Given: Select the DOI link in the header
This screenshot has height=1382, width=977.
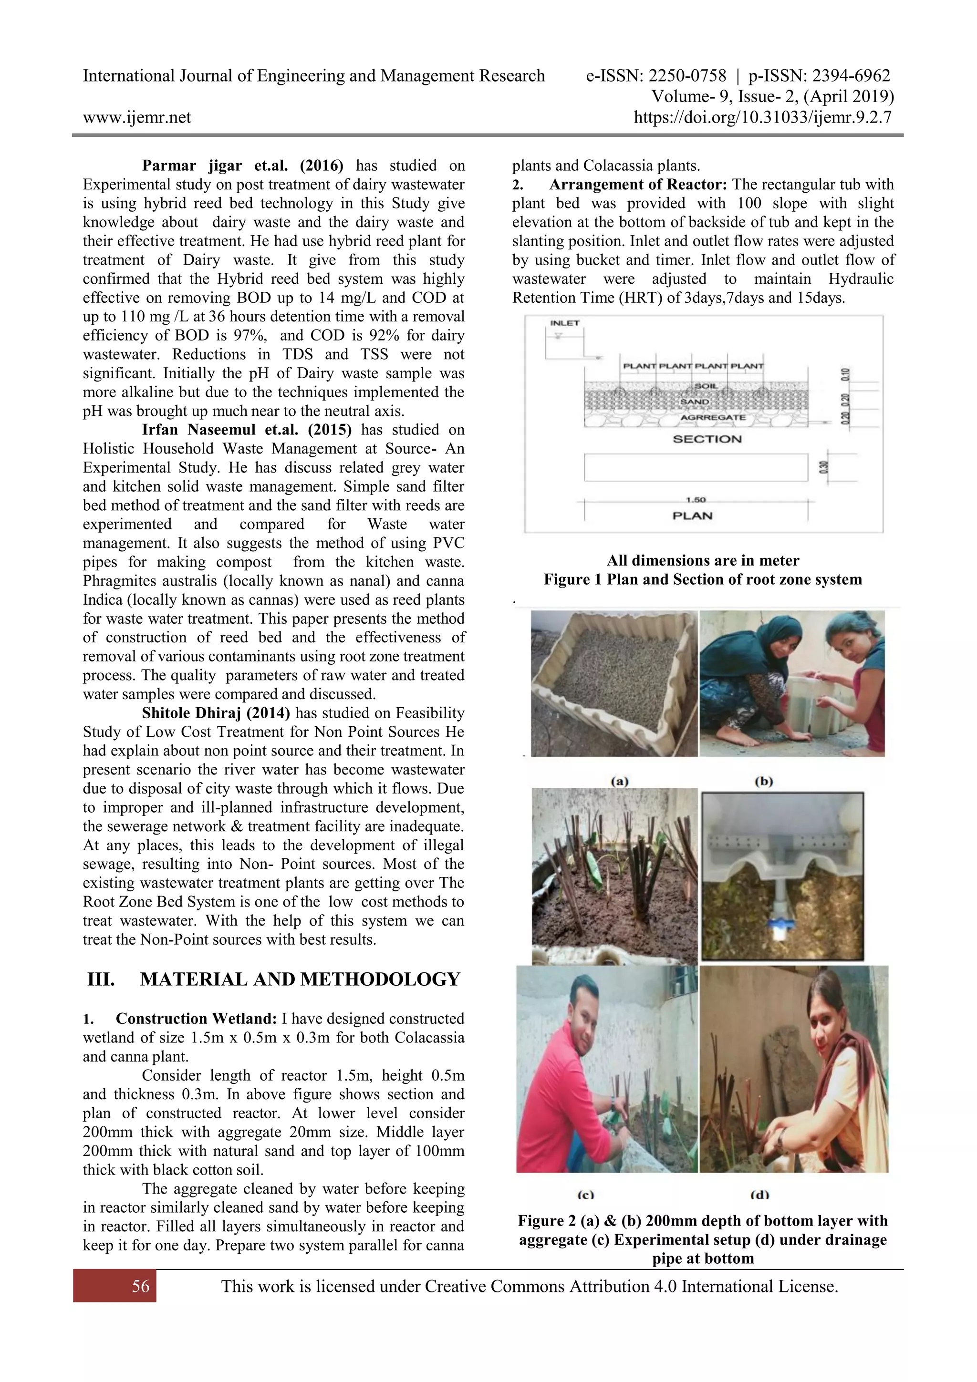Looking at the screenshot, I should click(x=762, y=117).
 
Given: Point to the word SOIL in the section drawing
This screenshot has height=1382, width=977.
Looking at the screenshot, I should click(x=705, y=386).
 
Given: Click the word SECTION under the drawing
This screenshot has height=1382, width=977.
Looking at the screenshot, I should click(x=707, y=439).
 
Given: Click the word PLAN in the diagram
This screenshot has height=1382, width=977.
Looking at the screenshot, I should click(x=692, y=516).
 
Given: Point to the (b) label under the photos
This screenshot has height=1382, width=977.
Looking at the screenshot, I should click(x=763, y=781).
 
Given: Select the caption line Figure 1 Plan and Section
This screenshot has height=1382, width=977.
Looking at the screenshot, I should click(x=703, y=579).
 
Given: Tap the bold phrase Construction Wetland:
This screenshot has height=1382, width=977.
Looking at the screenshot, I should click(x=196, y=1019).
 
